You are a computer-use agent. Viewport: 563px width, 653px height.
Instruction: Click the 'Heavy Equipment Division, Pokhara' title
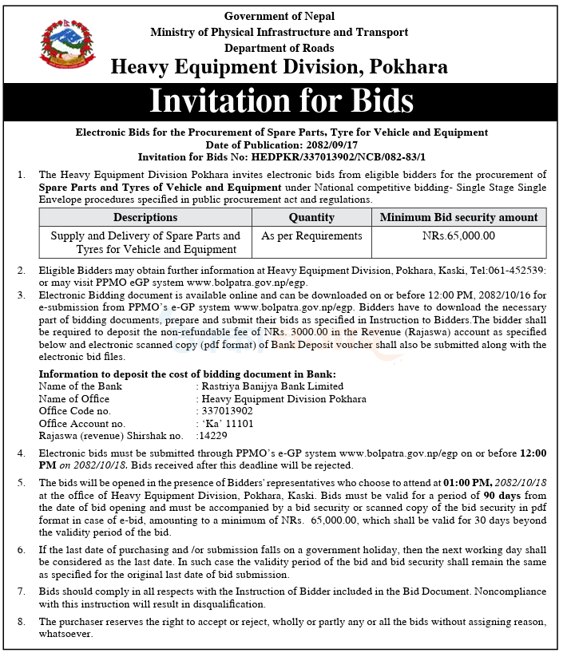[x=280, y=68]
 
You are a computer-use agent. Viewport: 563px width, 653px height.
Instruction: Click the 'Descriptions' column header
[x=145, y=217]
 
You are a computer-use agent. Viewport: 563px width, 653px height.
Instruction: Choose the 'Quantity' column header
[x=311, y=217]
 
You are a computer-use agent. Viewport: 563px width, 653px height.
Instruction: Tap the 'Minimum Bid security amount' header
[x=458, y=217]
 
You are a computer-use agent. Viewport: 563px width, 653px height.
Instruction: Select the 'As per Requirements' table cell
[x=311, y=235]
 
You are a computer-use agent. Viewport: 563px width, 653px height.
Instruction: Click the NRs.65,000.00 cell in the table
[x=458, y=235]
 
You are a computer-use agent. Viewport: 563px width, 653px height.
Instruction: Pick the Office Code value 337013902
[x=229, y=411]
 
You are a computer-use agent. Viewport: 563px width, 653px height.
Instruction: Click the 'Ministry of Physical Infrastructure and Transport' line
[x=280, y=32]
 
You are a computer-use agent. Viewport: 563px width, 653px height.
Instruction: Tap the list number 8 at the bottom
[x=20, y=621]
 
